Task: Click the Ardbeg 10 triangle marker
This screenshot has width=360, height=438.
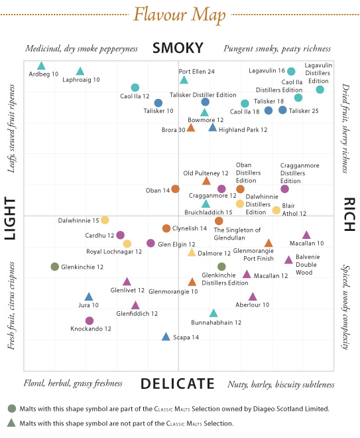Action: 41,66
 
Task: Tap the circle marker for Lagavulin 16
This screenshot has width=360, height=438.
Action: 291,71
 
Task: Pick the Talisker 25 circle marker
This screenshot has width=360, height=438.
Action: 283,110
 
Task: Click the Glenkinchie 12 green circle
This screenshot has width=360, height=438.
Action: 55,267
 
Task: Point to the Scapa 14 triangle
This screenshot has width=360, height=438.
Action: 166,337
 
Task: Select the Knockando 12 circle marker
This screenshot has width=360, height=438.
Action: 90,321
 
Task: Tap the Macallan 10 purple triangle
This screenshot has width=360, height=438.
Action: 306,235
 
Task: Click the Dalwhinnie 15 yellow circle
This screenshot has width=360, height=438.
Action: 105,220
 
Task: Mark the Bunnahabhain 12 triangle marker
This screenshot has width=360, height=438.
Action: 213,313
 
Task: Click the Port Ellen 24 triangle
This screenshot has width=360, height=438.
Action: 184,80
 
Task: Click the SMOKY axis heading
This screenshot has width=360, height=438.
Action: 177,48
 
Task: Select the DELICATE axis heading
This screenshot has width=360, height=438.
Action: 178,384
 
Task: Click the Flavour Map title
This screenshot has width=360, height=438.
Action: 180,14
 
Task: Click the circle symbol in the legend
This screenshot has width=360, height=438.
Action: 11,409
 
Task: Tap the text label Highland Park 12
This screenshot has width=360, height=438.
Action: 243,129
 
